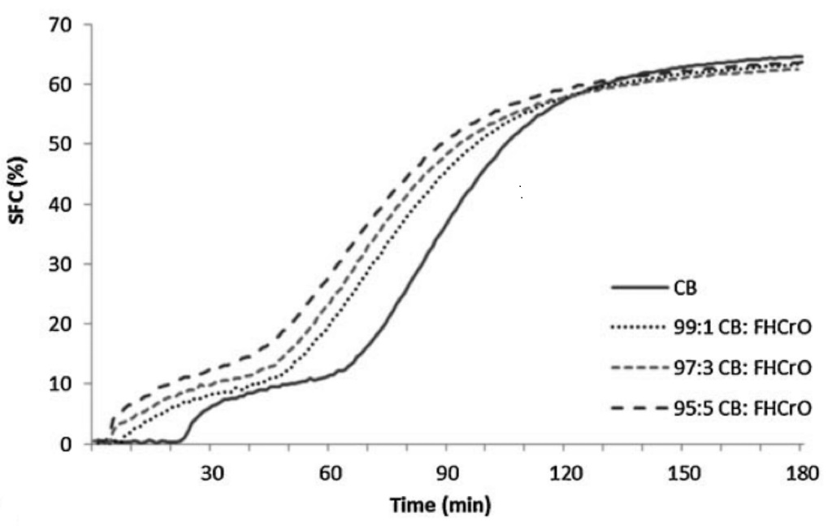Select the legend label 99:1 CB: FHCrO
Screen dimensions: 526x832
coord(741,328)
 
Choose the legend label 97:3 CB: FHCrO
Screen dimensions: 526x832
coord(741,368)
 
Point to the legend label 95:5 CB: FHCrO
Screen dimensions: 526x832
coord(741,409)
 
